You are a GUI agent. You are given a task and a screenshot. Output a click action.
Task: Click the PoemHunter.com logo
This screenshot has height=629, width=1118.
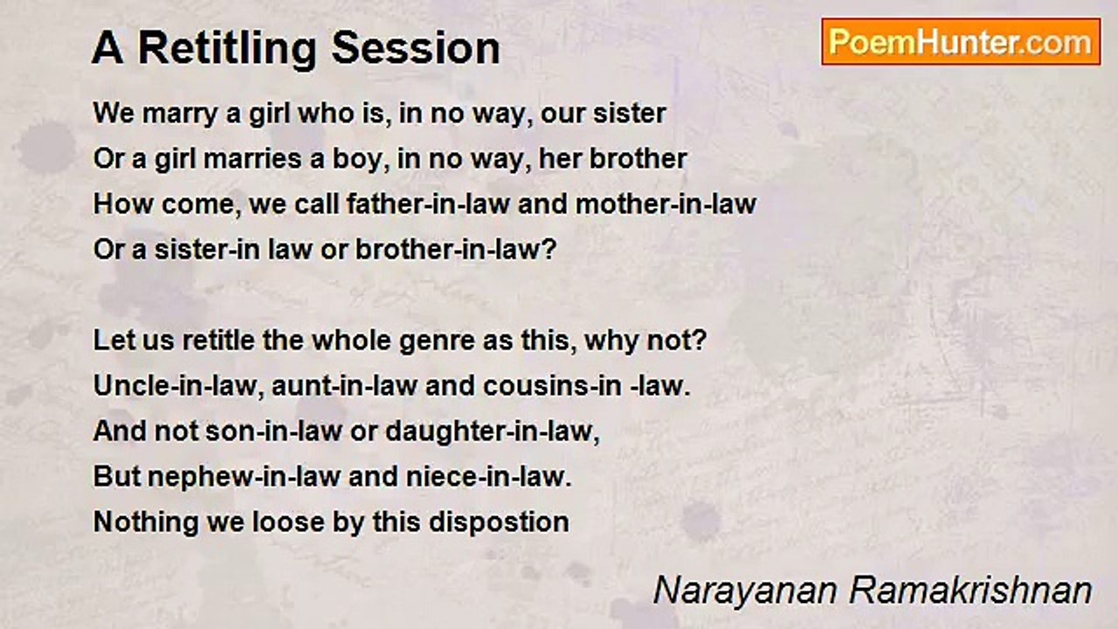pyautogui.click(x=961, y=42)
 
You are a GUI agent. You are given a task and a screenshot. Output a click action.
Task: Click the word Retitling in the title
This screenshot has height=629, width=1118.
pyautogui.click(x=227, y=49)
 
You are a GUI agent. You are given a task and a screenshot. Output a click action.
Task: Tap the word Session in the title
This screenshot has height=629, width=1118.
pyautogui.click(x=415, y=48)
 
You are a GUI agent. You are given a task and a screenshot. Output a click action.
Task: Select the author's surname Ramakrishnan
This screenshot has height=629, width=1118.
pyautogui.click(x=970, y=591)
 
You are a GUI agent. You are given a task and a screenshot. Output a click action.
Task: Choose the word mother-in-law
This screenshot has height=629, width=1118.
pyautogui.click(x=666, y=204)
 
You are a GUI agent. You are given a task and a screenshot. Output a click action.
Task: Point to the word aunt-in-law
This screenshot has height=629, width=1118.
pyautogui.click(x=344, y=386)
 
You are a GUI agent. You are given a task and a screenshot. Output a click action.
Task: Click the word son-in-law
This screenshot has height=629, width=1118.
pyautogui.click(x=274, y=432)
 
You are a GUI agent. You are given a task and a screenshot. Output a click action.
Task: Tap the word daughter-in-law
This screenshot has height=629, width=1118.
pyautogui.click(x=493, y=432)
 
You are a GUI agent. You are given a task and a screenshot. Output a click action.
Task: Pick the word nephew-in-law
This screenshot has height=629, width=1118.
pyautogui.click(x=244, y=477)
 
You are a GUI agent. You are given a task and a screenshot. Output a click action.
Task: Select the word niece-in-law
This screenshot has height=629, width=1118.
pyautogui.click(x=488, y=477)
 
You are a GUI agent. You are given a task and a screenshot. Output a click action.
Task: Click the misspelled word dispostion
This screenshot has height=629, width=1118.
pyautogui.click(x=499, y=523)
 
